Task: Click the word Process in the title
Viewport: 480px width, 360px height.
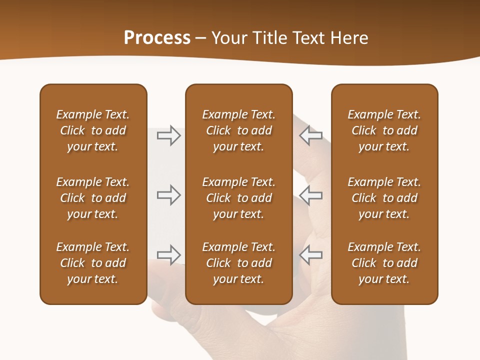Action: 157,38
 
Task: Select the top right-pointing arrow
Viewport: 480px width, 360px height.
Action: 168,135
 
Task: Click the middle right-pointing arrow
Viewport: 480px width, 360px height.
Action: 168,195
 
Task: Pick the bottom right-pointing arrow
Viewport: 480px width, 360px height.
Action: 168,254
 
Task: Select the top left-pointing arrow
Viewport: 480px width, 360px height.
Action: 310,135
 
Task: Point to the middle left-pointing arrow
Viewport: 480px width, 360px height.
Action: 310,195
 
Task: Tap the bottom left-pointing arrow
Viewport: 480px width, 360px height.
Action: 310,254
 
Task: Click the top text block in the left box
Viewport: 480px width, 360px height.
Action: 93,130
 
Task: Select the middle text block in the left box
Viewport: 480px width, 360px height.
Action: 93,198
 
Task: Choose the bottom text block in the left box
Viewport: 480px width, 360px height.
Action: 93,263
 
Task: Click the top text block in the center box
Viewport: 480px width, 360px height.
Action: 238,130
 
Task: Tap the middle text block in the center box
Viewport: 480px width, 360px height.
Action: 238,198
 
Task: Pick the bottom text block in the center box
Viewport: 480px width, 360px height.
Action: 238,263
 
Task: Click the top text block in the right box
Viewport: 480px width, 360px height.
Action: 384,130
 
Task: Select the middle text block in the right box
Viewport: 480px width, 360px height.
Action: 384,198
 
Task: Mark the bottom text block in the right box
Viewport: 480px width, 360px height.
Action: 384,263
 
